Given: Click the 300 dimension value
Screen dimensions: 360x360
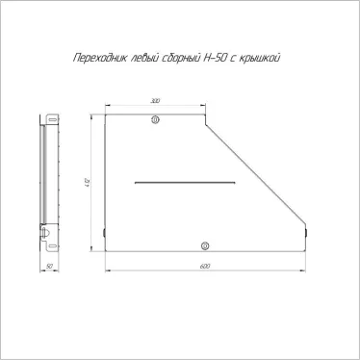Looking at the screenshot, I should click(x=155, y=100).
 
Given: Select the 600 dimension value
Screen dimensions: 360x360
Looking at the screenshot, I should click(x=204, y=265).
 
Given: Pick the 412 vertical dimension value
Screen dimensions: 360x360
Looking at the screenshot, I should click(x=88, y=183).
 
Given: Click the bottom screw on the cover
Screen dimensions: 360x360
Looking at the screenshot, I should click(x=203, y=244).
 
